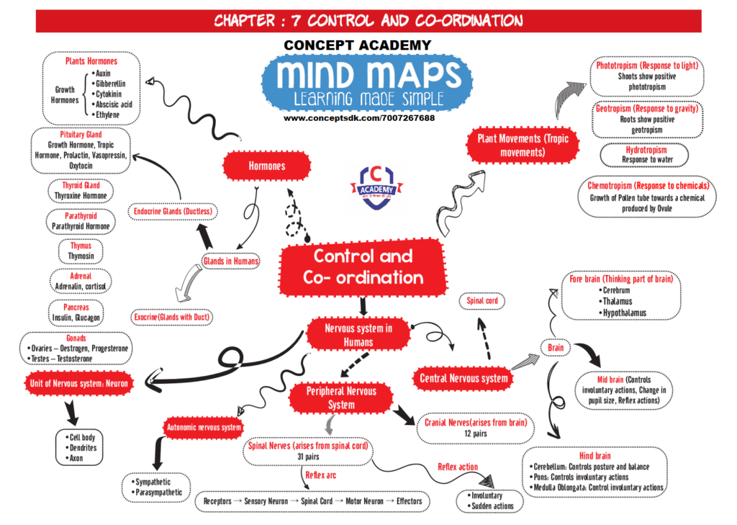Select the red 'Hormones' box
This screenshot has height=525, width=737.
(x=266, y=166)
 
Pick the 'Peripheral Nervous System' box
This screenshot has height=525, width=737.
(x=342, y=398)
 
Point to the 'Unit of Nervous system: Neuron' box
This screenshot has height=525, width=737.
(x=78, y=383)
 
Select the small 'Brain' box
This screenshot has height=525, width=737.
(x=555, y=348)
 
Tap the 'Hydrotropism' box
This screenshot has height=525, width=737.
(x=645, y=155)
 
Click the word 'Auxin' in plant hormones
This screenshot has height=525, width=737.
(x=103, y=73)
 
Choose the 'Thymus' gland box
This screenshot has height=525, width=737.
(x=80, y=251)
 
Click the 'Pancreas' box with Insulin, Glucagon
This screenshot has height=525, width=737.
(x=76, y=312)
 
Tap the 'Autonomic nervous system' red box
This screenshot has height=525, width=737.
(x=204, y=428)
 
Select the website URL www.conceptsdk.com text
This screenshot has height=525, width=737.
(x=358, y=117)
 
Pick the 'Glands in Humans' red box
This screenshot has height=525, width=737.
(x=230, y=261)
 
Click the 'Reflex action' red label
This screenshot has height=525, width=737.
(x=458, y=467)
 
